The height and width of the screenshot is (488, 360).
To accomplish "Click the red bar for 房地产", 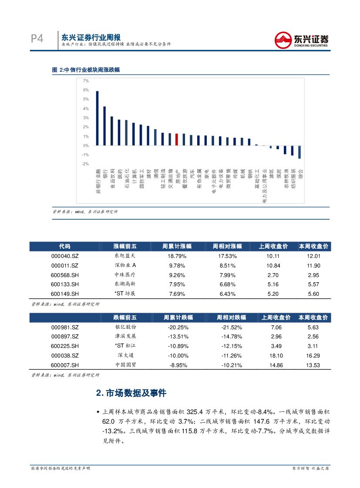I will coord(176,140).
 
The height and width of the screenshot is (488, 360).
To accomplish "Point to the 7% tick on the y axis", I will coord(86,81).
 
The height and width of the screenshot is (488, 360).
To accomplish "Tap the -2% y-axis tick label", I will coord(85,164).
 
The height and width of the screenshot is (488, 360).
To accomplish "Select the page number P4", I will coord(37,39).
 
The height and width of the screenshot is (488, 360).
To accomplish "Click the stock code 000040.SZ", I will coord(64,256).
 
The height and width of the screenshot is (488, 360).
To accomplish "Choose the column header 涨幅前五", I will coord(124,247).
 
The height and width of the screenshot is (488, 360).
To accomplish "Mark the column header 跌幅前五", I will coord(124,318).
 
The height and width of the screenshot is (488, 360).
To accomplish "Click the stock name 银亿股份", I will coord(124,327).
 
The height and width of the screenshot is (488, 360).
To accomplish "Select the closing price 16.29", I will coord(313,355).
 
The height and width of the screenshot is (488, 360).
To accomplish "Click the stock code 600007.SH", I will coord(64,365).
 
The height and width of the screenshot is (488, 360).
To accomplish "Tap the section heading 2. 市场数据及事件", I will coord(131,393).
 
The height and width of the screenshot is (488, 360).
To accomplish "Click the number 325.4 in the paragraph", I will coord(195,411).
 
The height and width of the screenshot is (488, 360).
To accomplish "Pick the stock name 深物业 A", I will coord(124,265).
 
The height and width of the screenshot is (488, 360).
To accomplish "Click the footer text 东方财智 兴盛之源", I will coord(310,468).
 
